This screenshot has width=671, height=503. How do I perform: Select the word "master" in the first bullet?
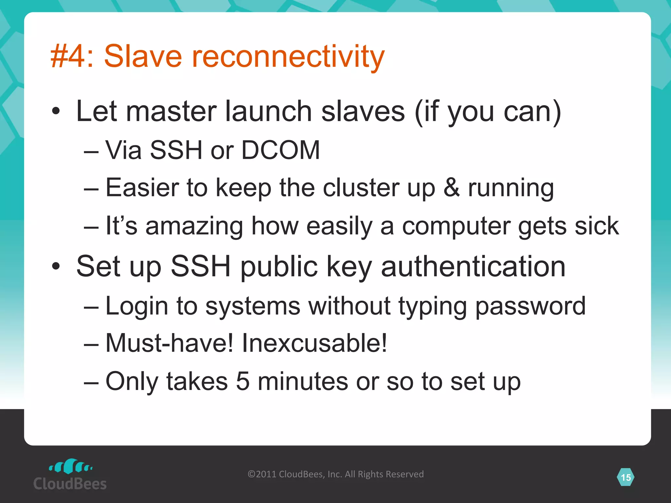click(171, 111)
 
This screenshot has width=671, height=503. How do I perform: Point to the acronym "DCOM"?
click(280, 150)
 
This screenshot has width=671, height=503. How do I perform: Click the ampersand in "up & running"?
click(451, 188)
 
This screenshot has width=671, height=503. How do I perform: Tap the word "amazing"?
click(194, 226)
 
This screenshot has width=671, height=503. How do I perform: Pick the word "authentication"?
click(473, 267)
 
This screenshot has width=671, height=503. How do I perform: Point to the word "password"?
click(530, 306)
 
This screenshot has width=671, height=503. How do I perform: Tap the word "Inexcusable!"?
click(314, 343)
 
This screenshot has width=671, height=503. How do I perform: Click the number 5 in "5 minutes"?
click(243, 381)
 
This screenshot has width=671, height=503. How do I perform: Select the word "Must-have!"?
click(169, 343)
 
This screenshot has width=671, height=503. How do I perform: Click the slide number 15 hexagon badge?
click(625, 477)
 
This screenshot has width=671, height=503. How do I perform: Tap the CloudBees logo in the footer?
click(70, 475)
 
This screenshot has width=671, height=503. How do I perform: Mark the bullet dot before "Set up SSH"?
click(56, 267)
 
